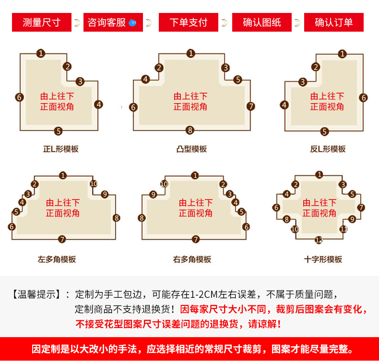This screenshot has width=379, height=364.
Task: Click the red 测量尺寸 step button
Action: click(x=41, y=22)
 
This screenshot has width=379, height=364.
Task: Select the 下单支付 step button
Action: click(x=189, y=22)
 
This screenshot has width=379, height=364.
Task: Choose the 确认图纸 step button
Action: click(x=262, y=22)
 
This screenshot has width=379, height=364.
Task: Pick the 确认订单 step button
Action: click(x=334, y=22)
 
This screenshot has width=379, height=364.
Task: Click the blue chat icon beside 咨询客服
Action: click(x=133, y=23)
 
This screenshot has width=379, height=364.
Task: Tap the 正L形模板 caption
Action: click(x=61, y=149)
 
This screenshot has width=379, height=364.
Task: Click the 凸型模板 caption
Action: click(x=191, y=149)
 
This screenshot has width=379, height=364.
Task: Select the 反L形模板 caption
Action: click(x=328, y=149)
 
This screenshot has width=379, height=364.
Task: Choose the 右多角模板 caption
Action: click(x=192, y=259)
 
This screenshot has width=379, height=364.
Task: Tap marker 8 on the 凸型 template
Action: click(x=190, y=130)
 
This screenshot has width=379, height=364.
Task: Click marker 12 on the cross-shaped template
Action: click(x=319, y=239)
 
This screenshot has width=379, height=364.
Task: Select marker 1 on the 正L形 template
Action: click(x=41, y=53)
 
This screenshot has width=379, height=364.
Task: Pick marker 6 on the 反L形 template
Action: click(x=364, y=98)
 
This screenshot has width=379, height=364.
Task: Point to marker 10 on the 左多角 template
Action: click(x=94, y=184)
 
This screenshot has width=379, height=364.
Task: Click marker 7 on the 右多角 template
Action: click(x=195, y=239)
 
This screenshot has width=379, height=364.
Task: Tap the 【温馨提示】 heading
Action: click(x=37, y=294)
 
